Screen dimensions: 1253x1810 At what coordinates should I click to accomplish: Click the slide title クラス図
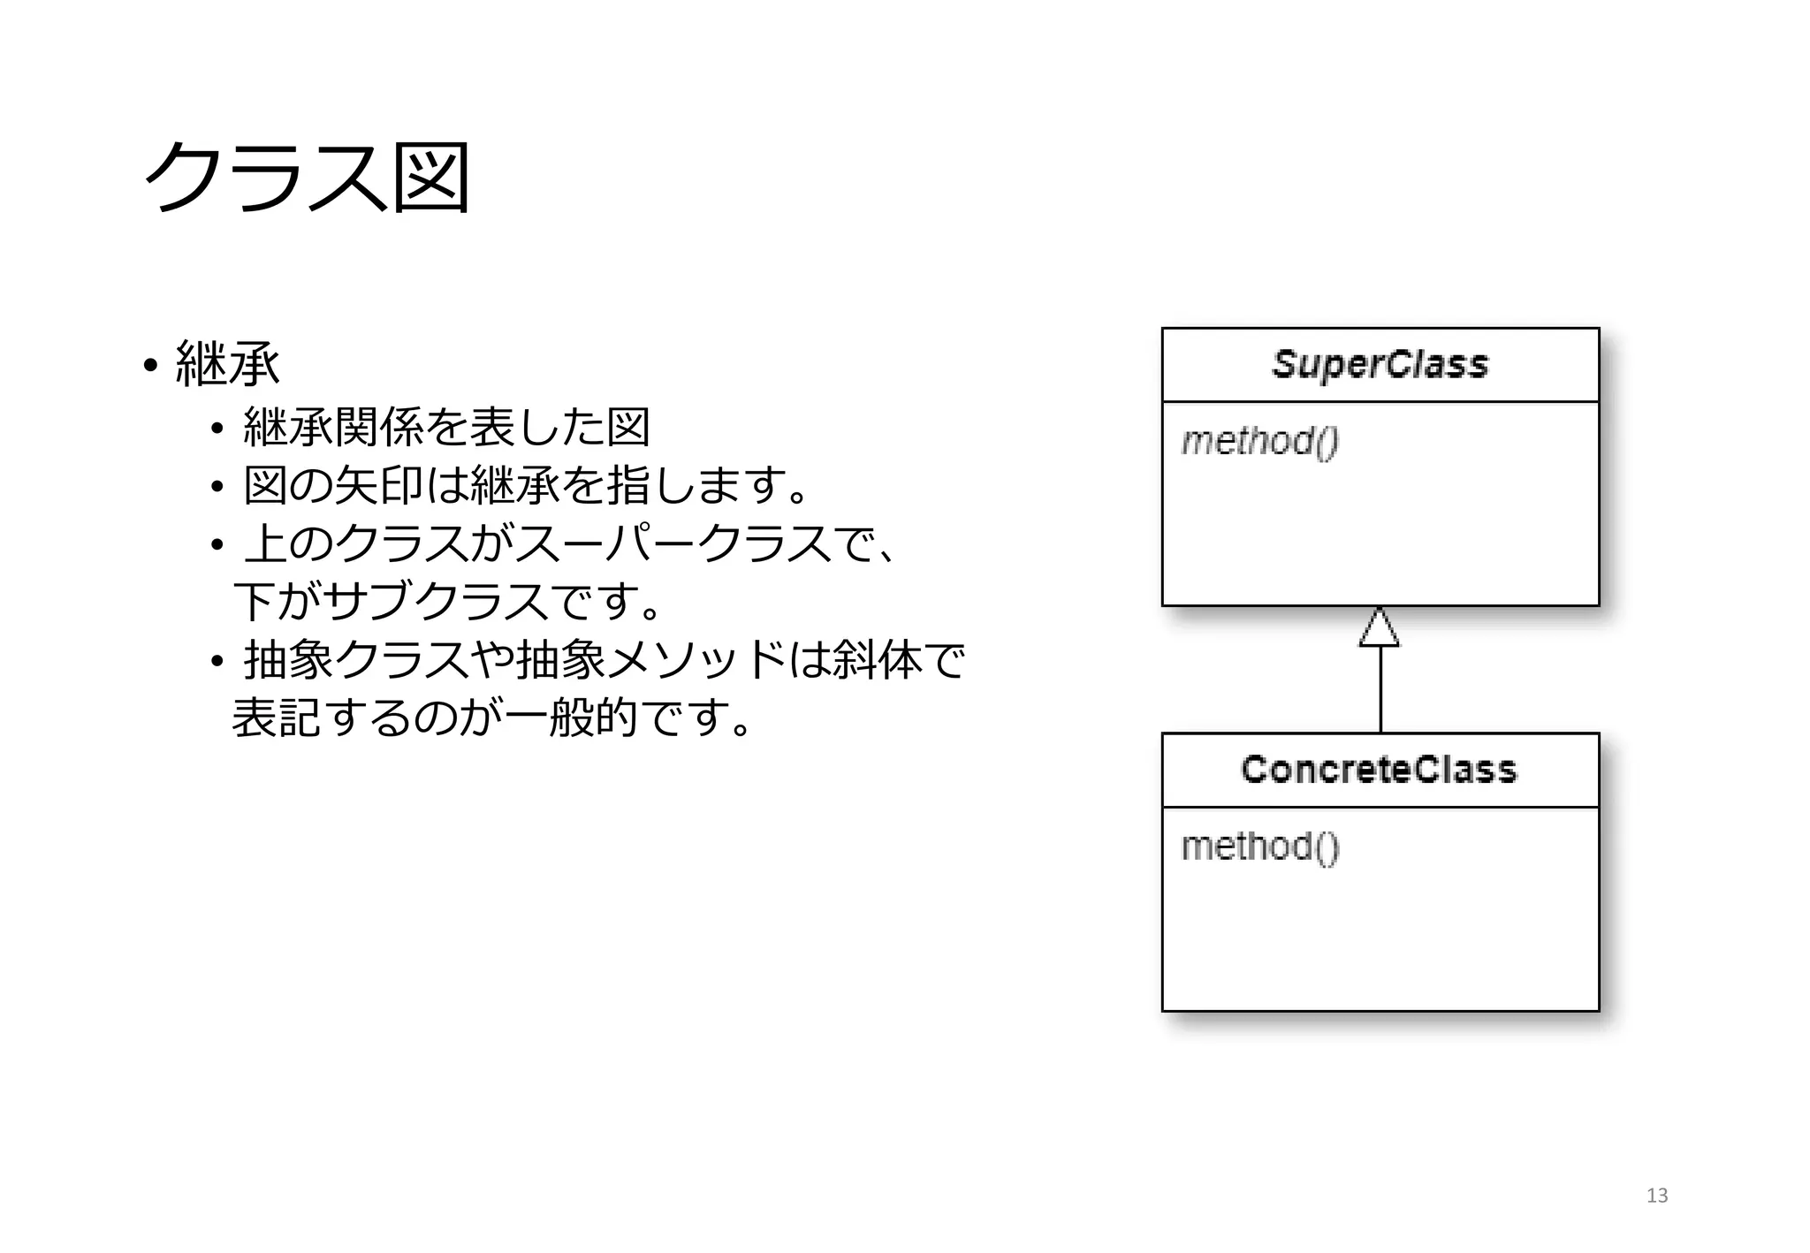tap(306, 178)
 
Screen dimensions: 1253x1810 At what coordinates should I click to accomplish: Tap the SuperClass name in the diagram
tap(1380, 364)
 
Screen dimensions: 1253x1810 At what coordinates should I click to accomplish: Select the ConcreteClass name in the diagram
tap(1379, 770)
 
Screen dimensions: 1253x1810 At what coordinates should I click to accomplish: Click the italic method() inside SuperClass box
tap(1259, 441)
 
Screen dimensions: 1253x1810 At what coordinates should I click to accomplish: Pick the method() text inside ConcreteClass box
tap(1259, 847)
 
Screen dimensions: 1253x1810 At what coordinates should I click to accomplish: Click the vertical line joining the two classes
tap(1380, 689)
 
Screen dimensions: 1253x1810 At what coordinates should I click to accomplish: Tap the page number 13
tap(1656, 1196)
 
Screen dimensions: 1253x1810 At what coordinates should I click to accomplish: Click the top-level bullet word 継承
tap(228, 363)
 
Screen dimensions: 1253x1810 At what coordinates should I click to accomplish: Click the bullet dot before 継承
tap(150, 365)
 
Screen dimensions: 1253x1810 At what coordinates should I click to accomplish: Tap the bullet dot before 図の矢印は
tap(217, 487)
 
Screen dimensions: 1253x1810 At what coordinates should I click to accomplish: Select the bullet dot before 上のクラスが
tap(217, 545)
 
